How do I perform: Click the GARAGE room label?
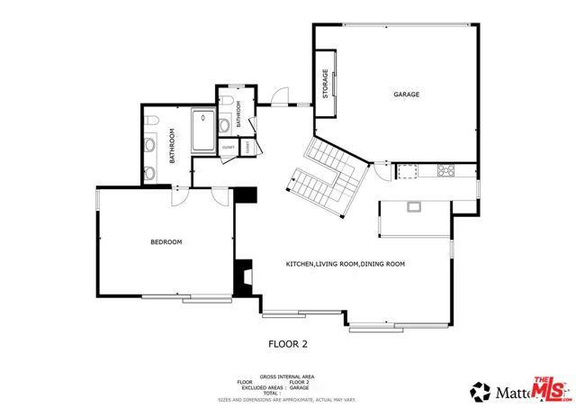tap(406, 95)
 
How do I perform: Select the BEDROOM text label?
tap(166, 241)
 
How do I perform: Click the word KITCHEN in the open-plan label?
tap(300, 264)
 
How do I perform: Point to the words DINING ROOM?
tap(382, 264)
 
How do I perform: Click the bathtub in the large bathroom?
tap(202, 131)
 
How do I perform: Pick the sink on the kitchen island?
tap(414, 207)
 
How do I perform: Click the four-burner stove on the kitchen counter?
tap(445, 170)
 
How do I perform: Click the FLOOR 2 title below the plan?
tap(288, 343)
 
